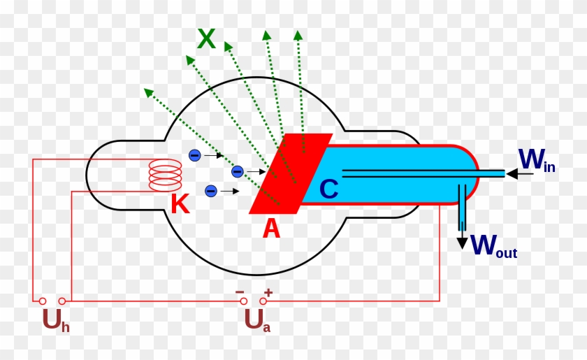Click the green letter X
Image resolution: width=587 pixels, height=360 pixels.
click(x=206, y=39)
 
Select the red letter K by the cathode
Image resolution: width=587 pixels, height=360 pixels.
click(x=180, y=204)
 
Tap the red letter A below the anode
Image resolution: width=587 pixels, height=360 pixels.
click(x=271, y=228)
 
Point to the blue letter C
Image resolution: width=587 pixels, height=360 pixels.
click(x=328, y=189)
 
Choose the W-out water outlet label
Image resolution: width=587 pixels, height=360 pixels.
click(x=493, y=245)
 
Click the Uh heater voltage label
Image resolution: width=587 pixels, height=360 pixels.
click(x=55, y=319)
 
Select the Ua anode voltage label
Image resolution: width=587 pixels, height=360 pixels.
click(x=256, y=319)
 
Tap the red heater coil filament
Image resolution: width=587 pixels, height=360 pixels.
click(x=166, y=175)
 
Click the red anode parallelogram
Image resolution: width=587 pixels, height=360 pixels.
click(x=290, y=173)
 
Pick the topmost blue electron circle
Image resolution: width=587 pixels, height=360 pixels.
click(x=195, y=154)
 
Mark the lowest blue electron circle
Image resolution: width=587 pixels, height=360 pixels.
click(x=210, y=190)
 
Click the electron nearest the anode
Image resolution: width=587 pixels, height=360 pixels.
click(x=237, y=171)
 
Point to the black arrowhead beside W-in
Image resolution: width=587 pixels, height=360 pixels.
click(x=512, y=173)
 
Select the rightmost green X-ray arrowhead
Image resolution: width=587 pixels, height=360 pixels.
click(x=298, y=35)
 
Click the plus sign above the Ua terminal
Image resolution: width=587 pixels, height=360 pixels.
click(x=268, y=291)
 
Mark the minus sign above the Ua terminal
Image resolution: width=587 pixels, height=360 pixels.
click(x=240, y=291)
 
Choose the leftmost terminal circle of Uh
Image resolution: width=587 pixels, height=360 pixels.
click(x=43, y=301)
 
